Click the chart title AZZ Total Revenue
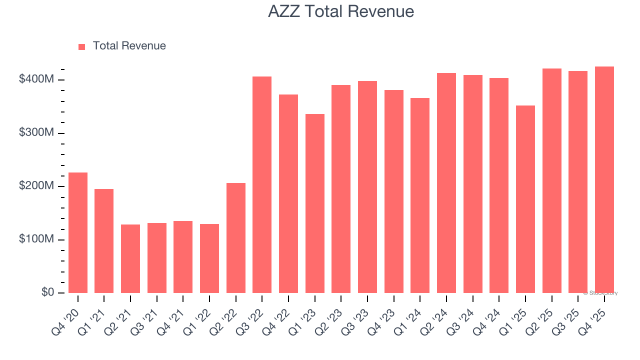tap(340, 11)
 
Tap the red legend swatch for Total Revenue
tap(82, 46)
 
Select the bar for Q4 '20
tap(78, 232)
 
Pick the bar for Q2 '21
tap(130, 258)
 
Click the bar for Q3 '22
tap(262, 184)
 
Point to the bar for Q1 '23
tap(315, 203)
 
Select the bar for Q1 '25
tap(525, 199)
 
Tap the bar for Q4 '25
tap(604, 179)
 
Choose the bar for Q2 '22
tap(236, 238)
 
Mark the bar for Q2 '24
tap(446, 183)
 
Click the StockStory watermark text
tap(600, 293)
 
